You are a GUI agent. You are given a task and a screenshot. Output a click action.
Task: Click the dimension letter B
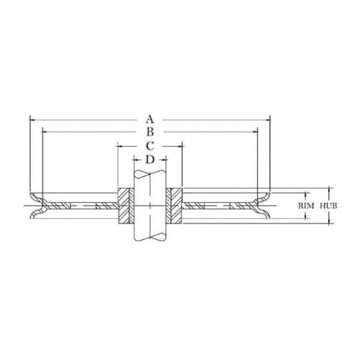tap(149, 132)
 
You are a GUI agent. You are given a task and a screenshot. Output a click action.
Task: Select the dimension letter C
tap(149, 145)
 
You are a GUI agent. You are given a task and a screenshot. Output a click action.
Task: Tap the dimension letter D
tap(149, 159)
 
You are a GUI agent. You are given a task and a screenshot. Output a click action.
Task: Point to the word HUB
tap(328, 205)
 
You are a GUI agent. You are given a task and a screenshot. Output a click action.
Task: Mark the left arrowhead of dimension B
tap(45, 132)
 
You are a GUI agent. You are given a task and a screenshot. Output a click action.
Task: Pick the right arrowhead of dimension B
tap(255, 132)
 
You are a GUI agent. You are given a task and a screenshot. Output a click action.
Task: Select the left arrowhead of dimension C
tap(120, 145)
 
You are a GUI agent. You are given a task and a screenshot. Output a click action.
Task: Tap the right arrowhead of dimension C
tap(181, 145)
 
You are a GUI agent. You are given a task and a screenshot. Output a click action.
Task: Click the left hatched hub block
tap(123, 205)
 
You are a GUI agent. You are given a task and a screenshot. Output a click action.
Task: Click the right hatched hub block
tap(176, 205)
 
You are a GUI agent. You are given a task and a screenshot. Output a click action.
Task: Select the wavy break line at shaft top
tap(150, 174)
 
